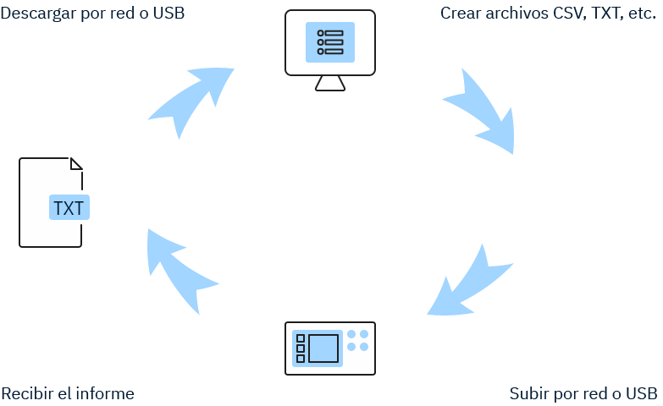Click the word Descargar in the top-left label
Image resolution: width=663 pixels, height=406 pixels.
click(39, 13)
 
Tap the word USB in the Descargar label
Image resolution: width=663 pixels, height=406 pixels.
click(169, 13)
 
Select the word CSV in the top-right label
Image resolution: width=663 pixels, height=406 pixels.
click(571, 13)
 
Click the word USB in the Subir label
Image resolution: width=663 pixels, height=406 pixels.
click(642, 394)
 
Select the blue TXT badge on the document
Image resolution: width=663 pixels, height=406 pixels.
click(69, 207)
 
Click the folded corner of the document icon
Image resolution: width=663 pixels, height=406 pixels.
click(76, 163)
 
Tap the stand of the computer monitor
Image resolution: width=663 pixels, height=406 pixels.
click(330, 83)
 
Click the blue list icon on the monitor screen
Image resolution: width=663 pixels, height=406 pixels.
click(330, 42)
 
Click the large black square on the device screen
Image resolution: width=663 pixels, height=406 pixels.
click(323, 348)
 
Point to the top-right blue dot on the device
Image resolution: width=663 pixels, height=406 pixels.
click(364, 334)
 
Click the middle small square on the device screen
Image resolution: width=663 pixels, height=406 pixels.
click(301, 348)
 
